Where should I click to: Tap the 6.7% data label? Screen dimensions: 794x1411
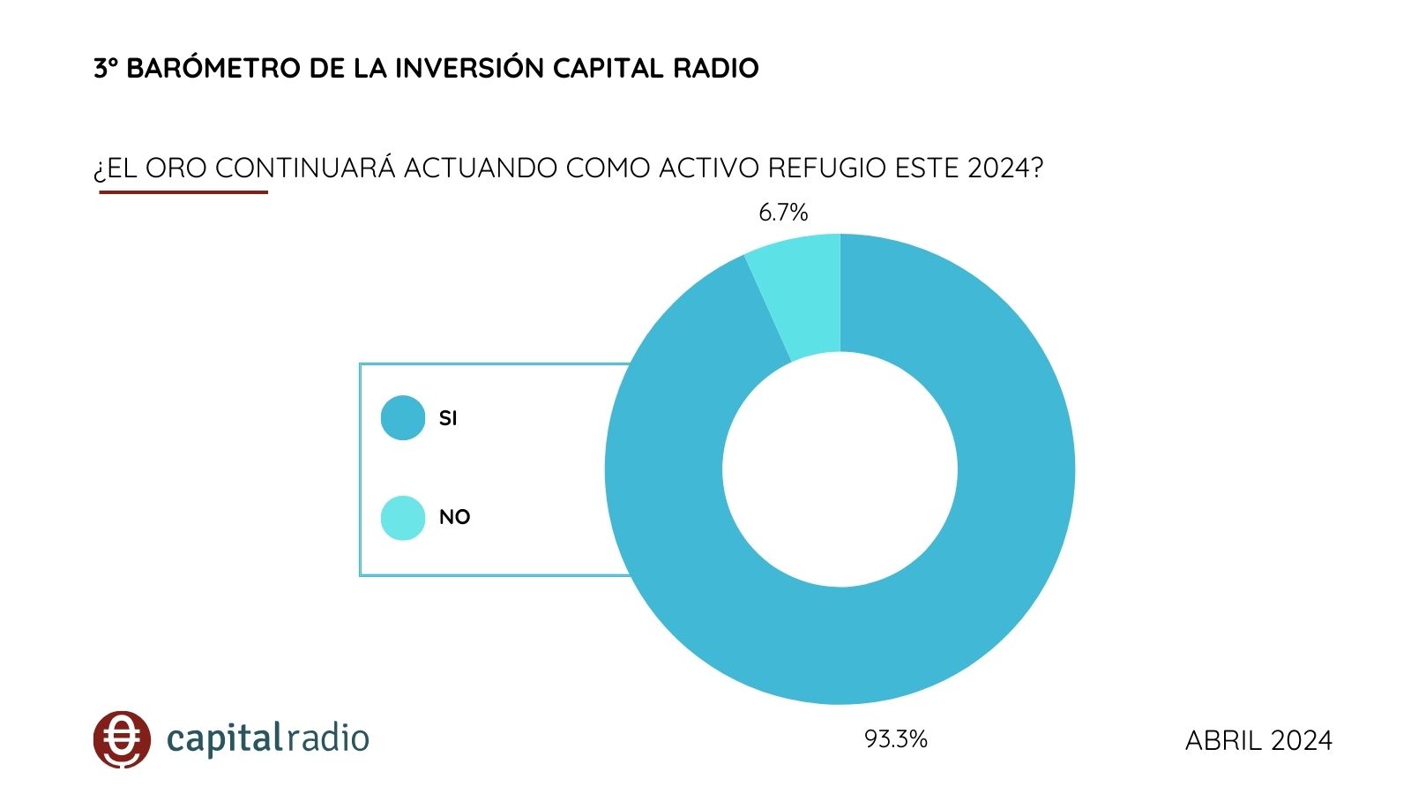coord(783,213)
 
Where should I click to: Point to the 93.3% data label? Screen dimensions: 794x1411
coord(895,739)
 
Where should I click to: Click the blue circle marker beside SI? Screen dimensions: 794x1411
coord(403,418)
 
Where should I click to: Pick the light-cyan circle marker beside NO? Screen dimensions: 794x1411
coord(403,518)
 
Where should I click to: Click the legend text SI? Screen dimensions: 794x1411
coord(448,419)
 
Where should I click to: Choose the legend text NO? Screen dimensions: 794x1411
coord(454,518)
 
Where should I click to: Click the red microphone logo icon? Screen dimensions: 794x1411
coord(122,739)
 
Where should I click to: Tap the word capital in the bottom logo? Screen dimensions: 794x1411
coord(225,739)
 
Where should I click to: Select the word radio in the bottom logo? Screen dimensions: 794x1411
coord(329,738)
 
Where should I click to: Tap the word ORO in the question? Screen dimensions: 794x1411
coord(176,169)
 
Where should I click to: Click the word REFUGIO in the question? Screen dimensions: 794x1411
coord(826,169)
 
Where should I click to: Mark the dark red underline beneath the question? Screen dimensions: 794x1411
coord(183,191)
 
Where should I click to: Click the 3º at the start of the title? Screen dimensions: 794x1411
coord(106,69)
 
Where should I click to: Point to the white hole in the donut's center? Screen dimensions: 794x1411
coord(840,469)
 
